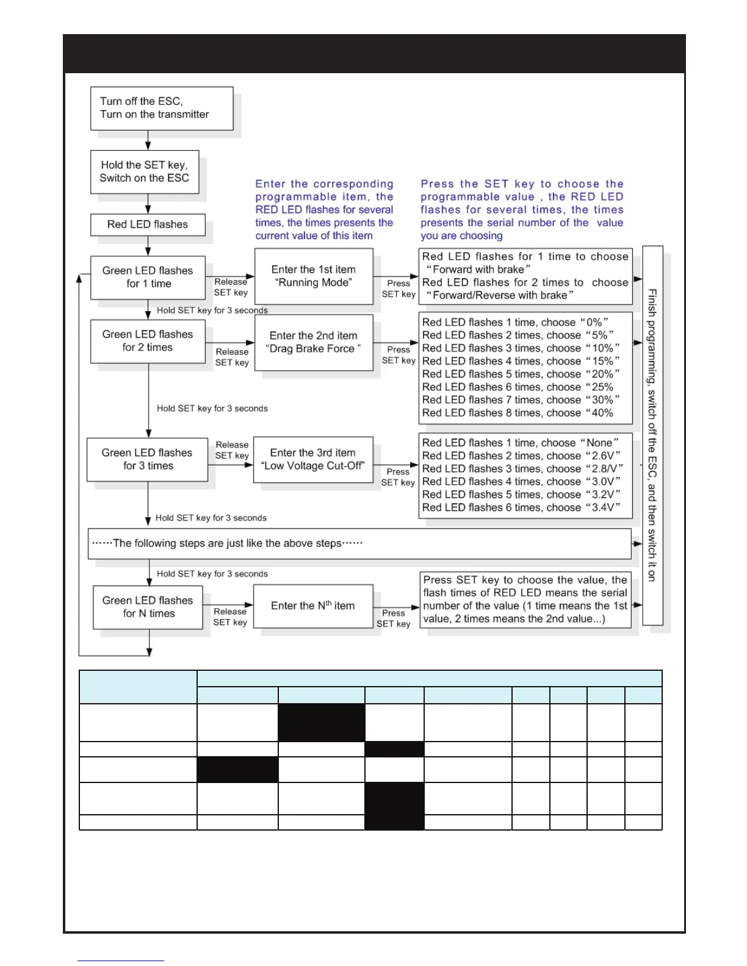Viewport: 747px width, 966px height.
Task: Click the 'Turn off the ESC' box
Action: tap(162, 108)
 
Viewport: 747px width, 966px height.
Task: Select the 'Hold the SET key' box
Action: tap(145, 171)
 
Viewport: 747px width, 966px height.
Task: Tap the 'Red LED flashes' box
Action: tap(148, 224)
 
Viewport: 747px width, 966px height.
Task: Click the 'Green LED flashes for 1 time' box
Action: tap(148, 277)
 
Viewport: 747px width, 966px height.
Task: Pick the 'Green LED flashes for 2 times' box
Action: tap(148, 341)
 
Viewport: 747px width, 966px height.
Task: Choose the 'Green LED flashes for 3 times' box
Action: tap(147, 459)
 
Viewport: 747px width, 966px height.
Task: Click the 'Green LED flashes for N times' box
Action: tap(148, 607)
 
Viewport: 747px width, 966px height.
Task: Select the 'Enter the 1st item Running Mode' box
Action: tap(314, 276)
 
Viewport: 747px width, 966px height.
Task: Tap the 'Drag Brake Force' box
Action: tap(314, 342)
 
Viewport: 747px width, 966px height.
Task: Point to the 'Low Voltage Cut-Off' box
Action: tap(313, 459)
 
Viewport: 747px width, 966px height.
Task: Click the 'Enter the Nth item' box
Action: tap(313, 606)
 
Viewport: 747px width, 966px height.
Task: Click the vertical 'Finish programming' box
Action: tap(652, 435)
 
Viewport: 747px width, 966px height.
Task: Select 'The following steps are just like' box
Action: tap(359, 543)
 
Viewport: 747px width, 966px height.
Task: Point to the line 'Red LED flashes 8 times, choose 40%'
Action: tap(518, 413)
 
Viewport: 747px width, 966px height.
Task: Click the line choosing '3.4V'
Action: tap(521, 507)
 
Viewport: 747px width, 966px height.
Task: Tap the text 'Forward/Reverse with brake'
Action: tap(500, 295)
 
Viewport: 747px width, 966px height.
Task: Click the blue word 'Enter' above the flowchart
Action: tap(270, 184)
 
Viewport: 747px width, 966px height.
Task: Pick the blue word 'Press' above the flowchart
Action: tap(437, 184)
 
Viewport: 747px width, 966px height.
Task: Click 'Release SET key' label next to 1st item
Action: tap(231, 287)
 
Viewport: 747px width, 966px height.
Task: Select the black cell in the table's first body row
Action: tap(321, 723)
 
